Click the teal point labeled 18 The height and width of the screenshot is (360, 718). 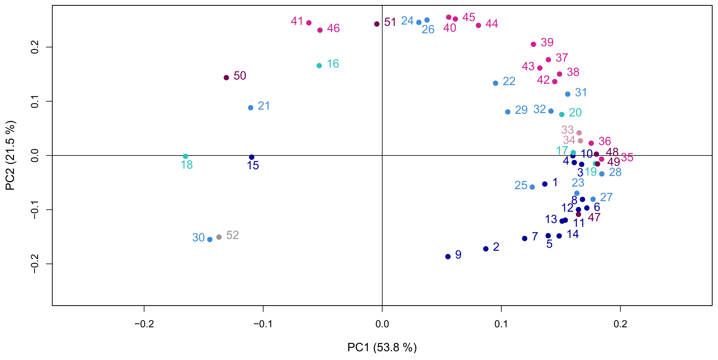tap(185, 156)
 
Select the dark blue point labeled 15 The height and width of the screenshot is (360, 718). tap(252, 157)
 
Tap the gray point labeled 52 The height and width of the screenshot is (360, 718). tap(219, 237)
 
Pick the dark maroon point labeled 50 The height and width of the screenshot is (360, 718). tap(226, 78)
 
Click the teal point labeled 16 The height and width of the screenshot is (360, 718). tap(319, 66)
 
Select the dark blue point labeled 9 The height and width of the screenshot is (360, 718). tap(448, 257)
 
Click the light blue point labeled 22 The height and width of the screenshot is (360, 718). tap(496, 83)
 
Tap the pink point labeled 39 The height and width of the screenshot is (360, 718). tap(533, 44)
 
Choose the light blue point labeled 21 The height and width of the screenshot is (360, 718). tap(250, 108)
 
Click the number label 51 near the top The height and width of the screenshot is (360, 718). tap(390, 22)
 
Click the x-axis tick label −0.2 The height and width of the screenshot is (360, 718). tap(144, 324)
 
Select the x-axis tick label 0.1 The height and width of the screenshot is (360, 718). tap(501, 324)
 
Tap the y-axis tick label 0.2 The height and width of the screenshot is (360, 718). tap(35, 47)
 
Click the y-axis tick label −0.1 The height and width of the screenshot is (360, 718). tap(35, 210)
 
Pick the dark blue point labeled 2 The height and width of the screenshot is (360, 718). tap(486, 249)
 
